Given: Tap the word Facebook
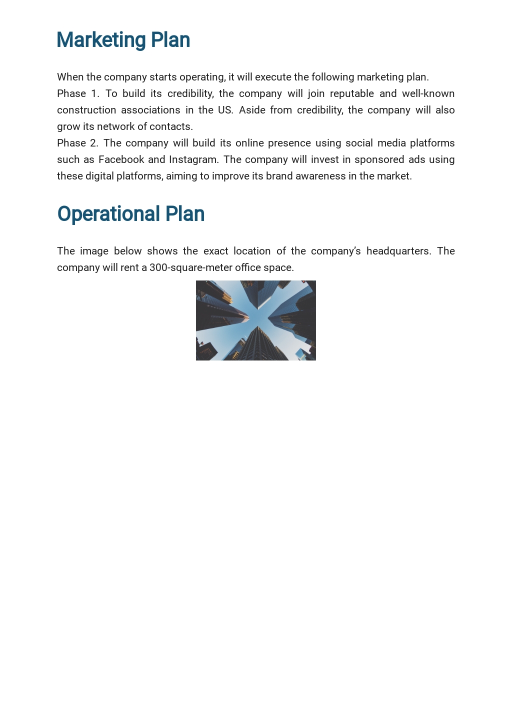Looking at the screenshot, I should click(x=121, y=159).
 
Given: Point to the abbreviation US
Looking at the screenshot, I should click(x=225, y=110).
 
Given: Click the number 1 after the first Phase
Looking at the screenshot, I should click(x=94, y=93).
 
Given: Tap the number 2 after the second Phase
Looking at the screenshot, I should click(x=93, y=143).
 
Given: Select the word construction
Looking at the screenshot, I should click(x=86, y=110).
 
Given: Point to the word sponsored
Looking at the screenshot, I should click(x=379, y=159).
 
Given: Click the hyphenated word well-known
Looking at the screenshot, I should click(x=428, y=93).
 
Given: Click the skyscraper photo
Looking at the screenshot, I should click(x=255, y=320).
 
